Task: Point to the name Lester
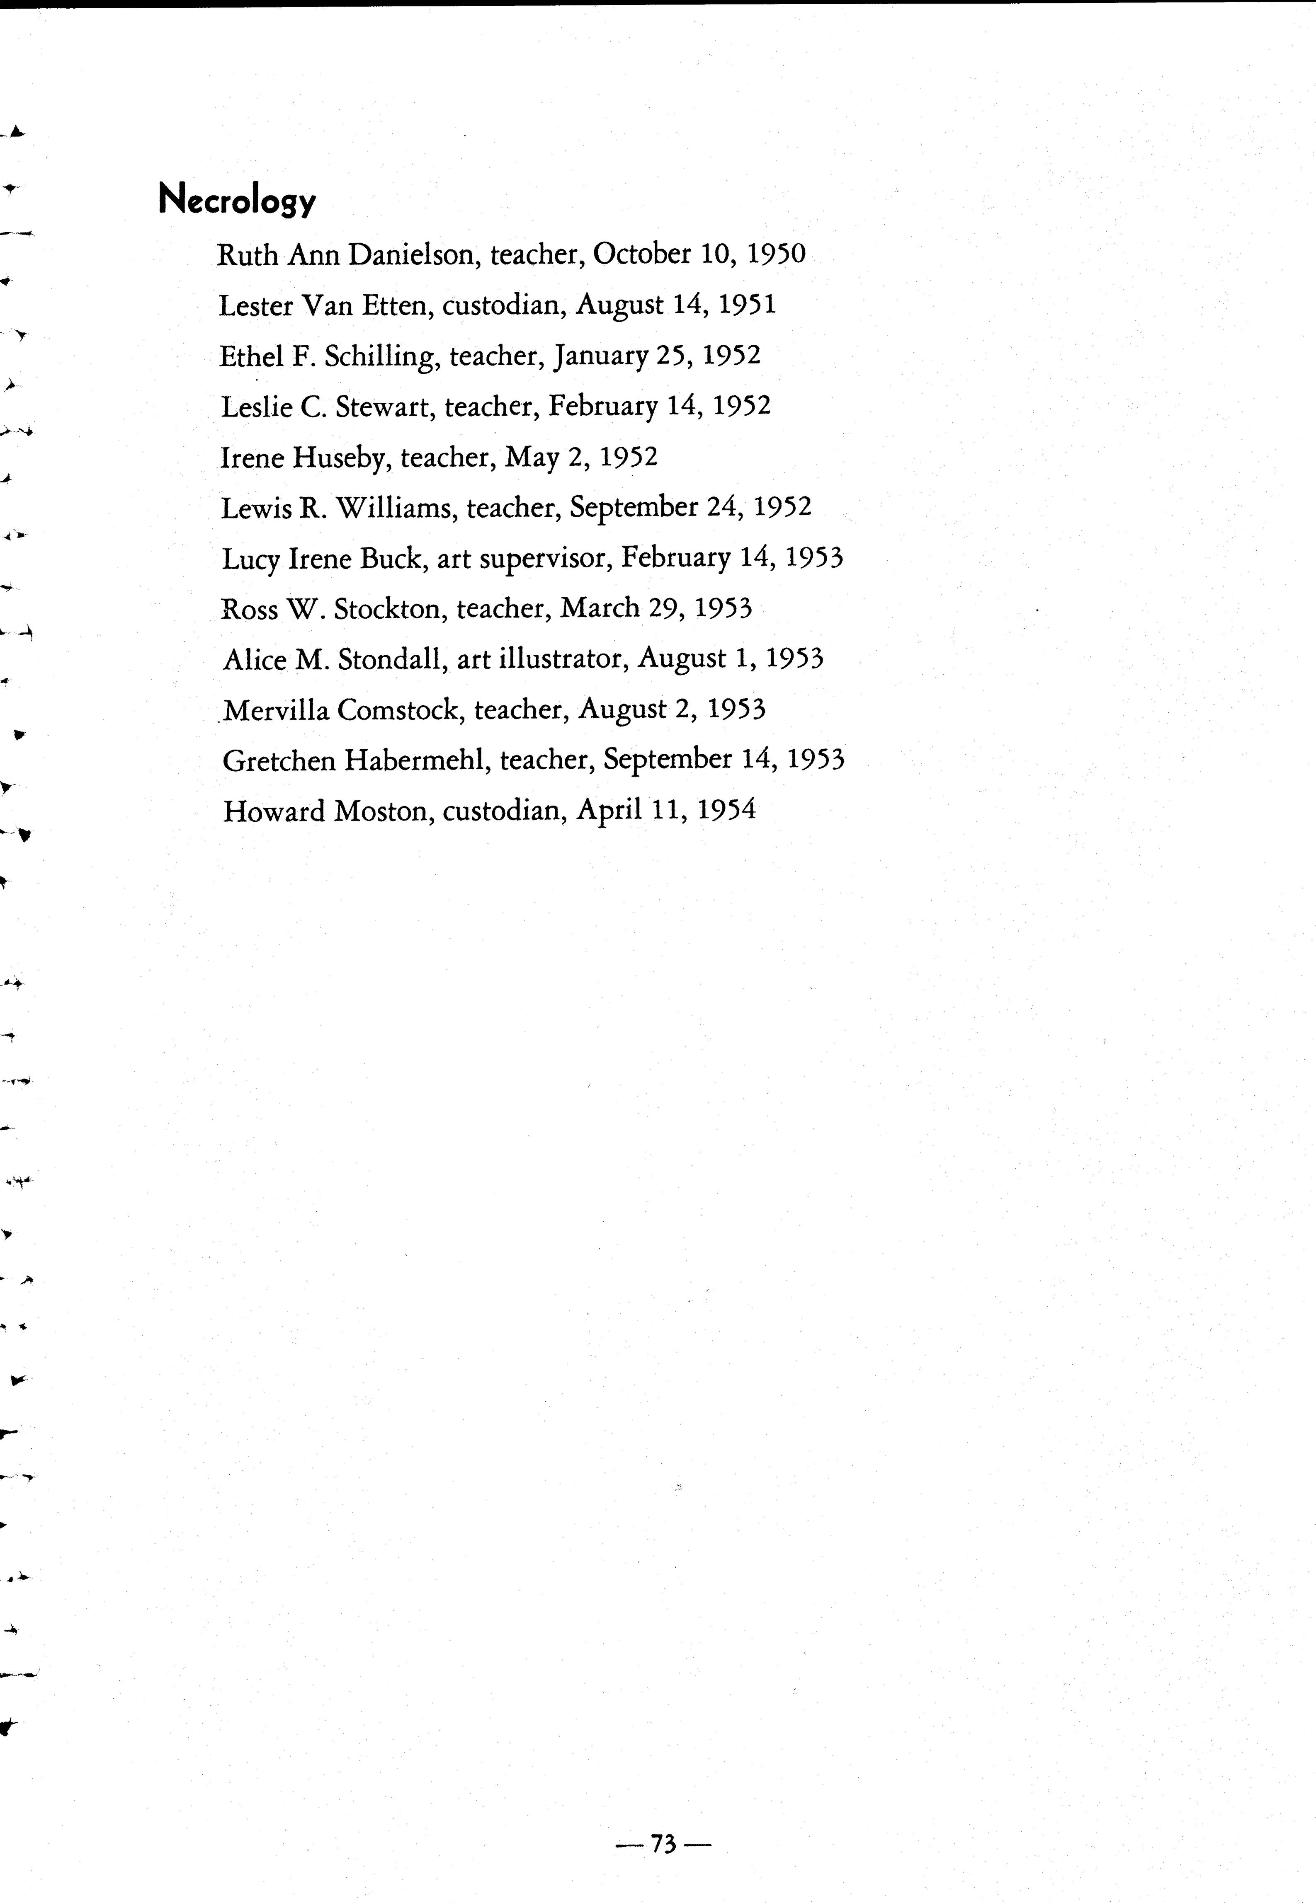click(x=256, y=306)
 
